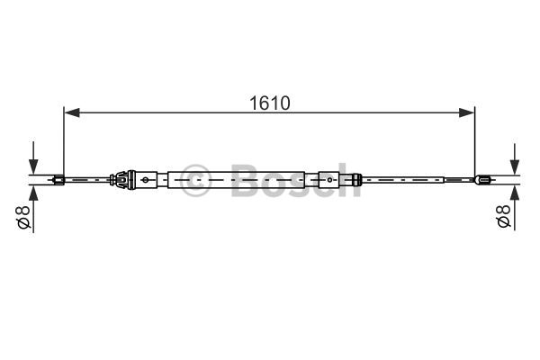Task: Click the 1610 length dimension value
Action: pyautogui.click(x=270, y=103)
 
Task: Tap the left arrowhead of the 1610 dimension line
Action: pyautogui.click(x=72, y=112)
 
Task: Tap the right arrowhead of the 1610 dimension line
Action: pyautogui.click(x=466, y=112)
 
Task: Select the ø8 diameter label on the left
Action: pyautogui.click(x=23, y=217)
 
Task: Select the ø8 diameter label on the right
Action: pyautogui.click(x=503, y=216)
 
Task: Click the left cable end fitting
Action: pyautogui.click(x=58, y=179)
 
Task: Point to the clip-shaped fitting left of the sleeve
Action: pyautogui.click(x=121, y=179)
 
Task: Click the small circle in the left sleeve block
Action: pyautogui.click(x=145, y=179)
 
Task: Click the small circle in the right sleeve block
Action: pyautogui.click(x=329, y=179)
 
